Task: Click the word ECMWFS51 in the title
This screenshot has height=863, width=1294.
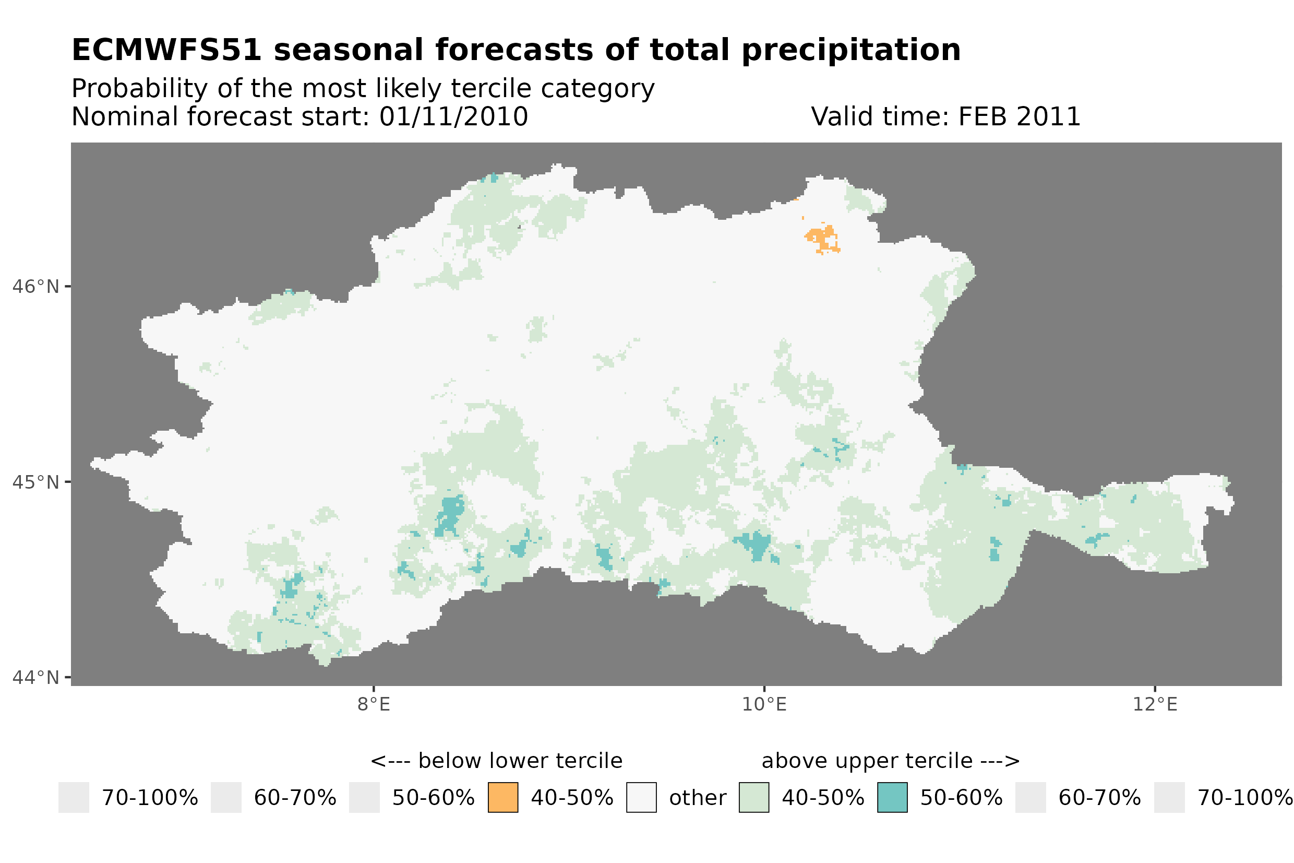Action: [166, 51]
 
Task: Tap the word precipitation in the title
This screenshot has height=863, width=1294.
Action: [850, 51]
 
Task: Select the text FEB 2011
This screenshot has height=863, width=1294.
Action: [1019, 117]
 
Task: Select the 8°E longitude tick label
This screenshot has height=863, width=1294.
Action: [374, 705]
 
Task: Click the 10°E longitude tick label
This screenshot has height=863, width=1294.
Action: [764, 705]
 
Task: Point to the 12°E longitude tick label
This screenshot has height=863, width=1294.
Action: [1154, 705]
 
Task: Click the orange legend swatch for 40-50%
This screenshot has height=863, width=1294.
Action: [502, 798]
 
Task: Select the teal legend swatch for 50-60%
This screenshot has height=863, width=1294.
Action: [892, 798]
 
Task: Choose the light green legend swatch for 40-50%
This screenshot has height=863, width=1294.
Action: [753, 798]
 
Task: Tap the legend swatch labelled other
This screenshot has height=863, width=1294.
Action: [641, 798]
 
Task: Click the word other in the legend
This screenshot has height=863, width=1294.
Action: [697, 798]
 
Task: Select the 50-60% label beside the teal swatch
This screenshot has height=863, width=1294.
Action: [961, 798]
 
